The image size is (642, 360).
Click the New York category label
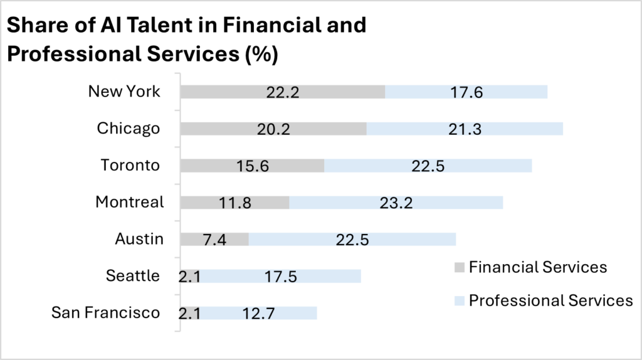[x=124, y=92]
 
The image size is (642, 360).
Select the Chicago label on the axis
[x=129, y=129]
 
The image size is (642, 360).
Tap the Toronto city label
[x=130, y=166]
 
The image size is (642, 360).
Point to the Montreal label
[x=129, y=202]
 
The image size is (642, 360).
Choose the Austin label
[x=139, y=239]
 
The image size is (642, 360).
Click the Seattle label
[x=132, y=276]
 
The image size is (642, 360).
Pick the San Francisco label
[x=106, y=313]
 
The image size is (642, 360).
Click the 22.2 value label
[x=282, y=92]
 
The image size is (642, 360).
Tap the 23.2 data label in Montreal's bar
[x=396, y=203]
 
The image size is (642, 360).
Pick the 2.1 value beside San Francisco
[x=190, y=313]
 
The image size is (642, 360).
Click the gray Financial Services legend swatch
[x=458, y=268]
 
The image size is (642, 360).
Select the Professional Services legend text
[x=550, y=300]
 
